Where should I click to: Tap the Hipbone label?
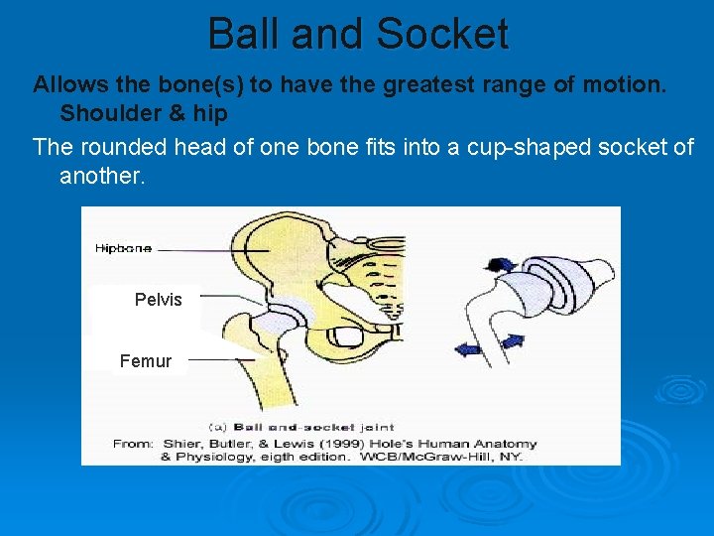pyautogui.click(x=124, y=248)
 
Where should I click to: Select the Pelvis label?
pyautogui.click(x=159, y=300)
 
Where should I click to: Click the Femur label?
pyautogui.click(x=146, y=361)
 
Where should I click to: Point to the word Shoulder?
pyautogui.click(x=108, y=113)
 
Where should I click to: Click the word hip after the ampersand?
pyautogui.click(x=208, y=113)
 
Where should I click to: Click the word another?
pyautogui.click(x=101, y=177)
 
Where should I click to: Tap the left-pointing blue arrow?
pyautogui.click(x=465, y=346)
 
